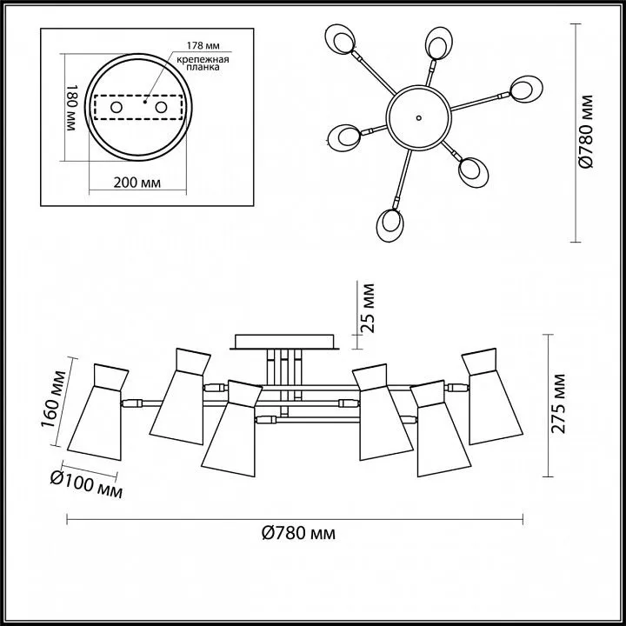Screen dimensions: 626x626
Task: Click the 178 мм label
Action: coord(203,46)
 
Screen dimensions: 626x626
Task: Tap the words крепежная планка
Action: coord(203,63)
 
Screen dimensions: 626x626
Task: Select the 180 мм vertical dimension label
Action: coord(70,108)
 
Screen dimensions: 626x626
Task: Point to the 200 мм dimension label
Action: coord(137,183)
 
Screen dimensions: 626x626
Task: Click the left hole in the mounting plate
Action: coord(117,107)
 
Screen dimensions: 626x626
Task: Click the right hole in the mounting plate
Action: coord(162,107)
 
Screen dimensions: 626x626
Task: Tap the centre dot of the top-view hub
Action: coord(418,117)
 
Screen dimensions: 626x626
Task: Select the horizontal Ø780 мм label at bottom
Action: coord(298,533)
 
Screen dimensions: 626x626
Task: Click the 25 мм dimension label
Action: coord(368,308)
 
